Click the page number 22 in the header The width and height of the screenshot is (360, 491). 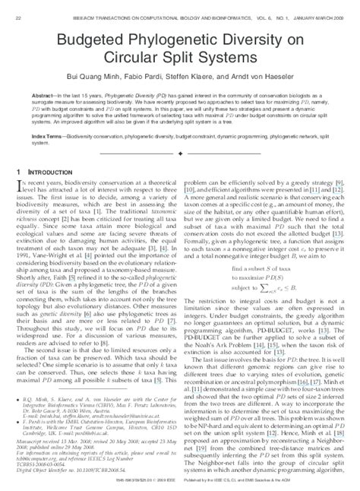[x=17, y=6]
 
